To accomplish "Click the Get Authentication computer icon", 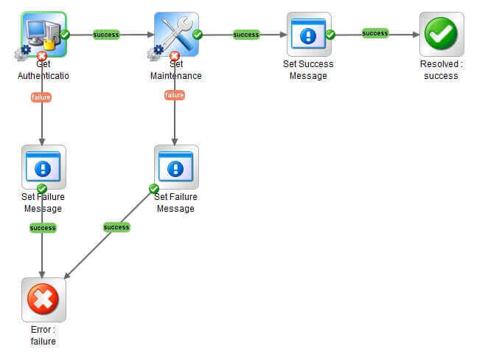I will coord(43,33).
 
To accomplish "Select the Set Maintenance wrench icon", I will coord(176,33).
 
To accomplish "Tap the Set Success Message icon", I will coord(309,33).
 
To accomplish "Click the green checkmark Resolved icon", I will coord(442,34).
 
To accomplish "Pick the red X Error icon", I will coord(43,300).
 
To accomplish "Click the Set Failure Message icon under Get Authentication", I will coord(43,167).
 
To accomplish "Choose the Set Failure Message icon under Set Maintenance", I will coord(176,167).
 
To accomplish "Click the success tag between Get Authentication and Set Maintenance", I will coord(106,35).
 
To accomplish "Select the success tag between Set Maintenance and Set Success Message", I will coord(245,35).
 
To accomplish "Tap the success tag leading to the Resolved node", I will coord(375,33).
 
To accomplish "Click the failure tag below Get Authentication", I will coord(41,97).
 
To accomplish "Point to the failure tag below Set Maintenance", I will coord(174,95).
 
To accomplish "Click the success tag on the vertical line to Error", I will coord(43,228).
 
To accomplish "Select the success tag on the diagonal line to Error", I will coord(116,227).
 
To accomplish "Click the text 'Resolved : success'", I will coord(442,70).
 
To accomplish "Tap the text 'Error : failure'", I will coord(43,336).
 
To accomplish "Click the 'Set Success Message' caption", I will coord(308,70).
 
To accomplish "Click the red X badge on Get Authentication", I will coord(42,56).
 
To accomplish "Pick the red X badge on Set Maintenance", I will coord(174,56).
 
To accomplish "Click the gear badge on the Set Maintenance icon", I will coord(155,52).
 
